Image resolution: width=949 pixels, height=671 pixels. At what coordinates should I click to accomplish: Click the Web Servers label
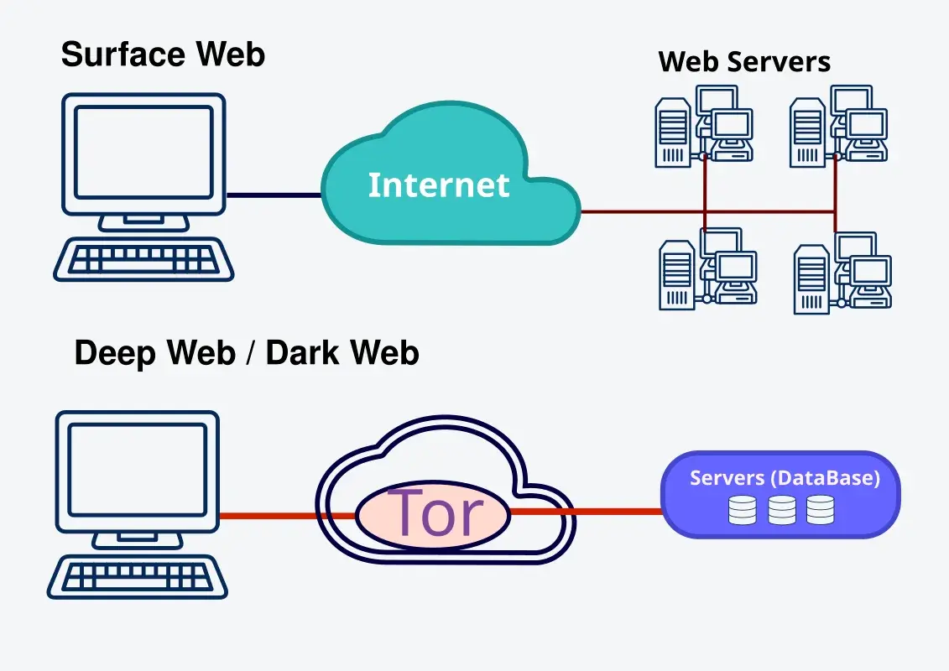coord(743,62)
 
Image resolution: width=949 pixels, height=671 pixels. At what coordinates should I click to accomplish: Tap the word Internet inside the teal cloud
coord(439,185)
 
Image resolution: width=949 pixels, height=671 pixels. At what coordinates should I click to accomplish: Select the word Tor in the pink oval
coord(436,513)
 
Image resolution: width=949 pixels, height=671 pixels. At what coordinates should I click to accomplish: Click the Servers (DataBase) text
coord(785,478)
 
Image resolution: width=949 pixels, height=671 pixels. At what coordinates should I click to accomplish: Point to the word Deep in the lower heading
coord(115,353)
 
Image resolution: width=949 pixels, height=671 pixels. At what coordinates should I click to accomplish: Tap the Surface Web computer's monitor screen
coord(143,152)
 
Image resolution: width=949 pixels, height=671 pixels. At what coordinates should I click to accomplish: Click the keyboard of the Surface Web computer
coord(143,259)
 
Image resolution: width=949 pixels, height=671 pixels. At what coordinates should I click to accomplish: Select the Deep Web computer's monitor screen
coord(138,470)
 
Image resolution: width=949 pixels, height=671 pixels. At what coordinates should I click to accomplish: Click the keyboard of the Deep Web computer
coord(138,577)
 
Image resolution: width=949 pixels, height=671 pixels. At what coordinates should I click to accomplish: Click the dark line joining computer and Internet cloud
coord(274,195)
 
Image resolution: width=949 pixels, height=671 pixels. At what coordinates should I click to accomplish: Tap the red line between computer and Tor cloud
coord(288,516)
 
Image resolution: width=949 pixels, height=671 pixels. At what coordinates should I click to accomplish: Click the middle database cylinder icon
coord(782,510)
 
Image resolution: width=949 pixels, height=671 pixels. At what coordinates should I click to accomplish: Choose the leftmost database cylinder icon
coord(742,510)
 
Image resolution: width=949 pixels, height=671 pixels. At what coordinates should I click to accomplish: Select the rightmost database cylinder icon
coord(821,509)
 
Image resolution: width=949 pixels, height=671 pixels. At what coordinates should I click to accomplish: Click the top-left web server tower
coord(673,133)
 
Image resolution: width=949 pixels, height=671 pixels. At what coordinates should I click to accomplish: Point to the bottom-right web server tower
coord(811,279)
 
